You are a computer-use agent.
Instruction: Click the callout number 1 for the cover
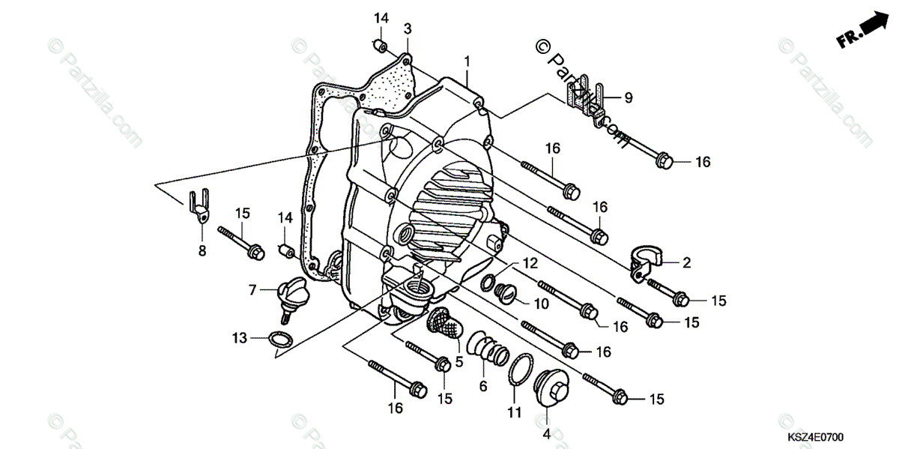(466, 60)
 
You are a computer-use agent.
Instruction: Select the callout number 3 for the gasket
(408, 29)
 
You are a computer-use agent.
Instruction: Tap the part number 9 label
(629, 97)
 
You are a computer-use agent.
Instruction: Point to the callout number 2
(685, 262)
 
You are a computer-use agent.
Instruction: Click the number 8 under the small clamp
(202, 251)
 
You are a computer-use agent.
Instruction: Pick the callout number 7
(253, 289)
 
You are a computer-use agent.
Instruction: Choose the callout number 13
(239, 339)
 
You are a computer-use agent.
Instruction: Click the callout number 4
(546, 433)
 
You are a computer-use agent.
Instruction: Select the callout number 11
(513, 412)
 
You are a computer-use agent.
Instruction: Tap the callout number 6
(483, 387)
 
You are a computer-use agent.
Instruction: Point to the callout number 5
(459, 361)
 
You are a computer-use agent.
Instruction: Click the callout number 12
(530, 263)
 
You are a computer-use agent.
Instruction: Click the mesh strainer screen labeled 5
(446, 326)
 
